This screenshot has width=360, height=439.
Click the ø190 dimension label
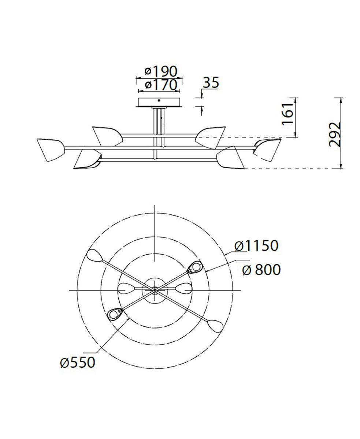160,71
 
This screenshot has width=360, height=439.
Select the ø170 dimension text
160,85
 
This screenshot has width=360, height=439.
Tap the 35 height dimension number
211,83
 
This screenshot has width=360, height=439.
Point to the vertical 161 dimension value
288,114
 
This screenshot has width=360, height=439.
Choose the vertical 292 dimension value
334,134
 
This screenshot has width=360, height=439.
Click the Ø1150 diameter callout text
256,246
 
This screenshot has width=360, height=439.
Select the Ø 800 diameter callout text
261,270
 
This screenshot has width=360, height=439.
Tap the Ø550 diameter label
78,362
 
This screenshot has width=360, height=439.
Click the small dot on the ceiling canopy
159,100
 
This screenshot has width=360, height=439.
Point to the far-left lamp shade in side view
51,149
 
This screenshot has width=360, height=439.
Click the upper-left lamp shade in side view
107,136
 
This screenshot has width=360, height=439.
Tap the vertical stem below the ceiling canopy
158,121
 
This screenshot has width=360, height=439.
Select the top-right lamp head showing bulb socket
195,268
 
